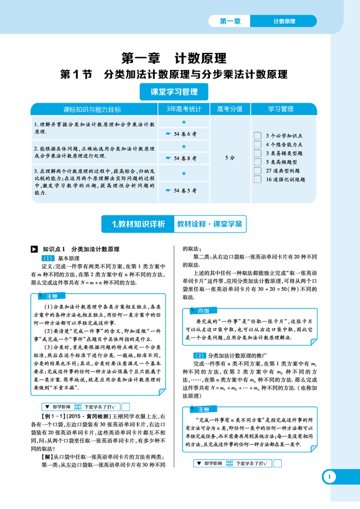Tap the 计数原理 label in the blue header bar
[x=284, y=21]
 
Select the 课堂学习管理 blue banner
[x=168, y=92]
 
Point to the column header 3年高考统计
[x=184, y=109]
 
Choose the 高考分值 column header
[x=229, y=109]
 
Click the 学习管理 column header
[x=281, y=109]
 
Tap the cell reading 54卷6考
[x=184, y=135]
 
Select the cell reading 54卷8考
[x=184, y=157]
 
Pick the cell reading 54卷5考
[x=184, y=190]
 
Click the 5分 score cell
[x=229, y=157]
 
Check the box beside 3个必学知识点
[x=257, y=136]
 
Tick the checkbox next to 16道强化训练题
[x=257, y=179]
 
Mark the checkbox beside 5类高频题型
[x=257, y=162]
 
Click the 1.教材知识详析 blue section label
[x=138, y=224]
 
